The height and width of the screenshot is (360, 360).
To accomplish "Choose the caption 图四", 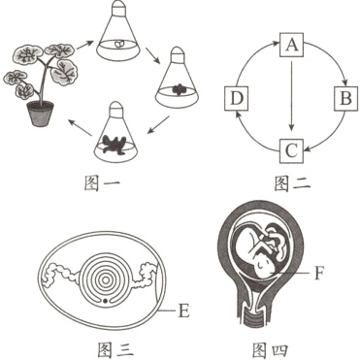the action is tap(270, 344).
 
